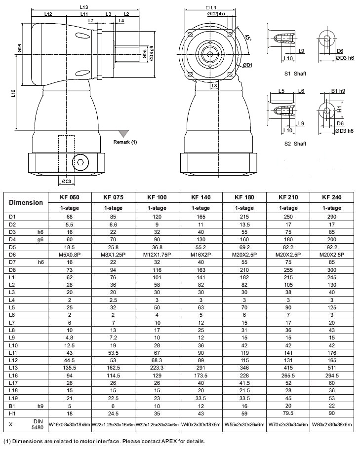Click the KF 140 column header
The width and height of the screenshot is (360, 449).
[x=200, y=197]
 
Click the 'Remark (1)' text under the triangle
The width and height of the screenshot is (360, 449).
[x=125, y=142]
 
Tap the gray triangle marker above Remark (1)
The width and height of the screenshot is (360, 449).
[x=123, y=134]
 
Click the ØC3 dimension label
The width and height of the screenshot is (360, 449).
[x=67, y=181]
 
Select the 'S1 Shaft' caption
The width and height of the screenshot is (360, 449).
[x=295, y=74]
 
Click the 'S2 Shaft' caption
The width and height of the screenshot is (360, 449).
[x=295, y=144]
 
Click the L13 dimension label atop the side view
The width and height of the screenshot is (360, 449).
[x=83, y=7]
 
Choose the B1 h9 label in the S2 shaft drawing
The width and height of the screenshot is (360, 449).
[x=338, y=91]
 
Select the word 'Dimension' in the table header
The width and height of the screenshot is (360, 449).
[x=26, y=202]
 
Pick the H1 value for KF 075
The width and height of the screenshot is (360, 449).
[x=113, y=413]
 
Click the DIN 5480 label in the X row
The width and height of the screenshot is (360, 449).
[x=37, y=424]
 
